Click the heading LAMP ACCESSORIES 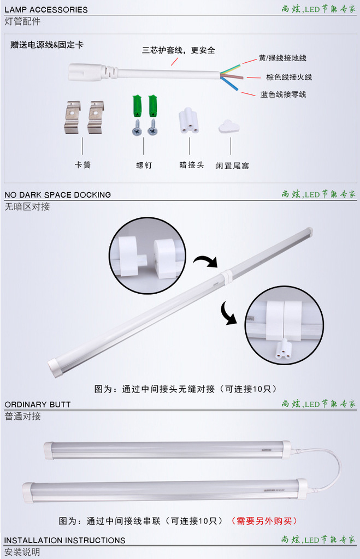click(46, 9)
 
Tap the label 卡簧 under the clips click(82, 164)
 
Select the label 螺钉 click(144, 165)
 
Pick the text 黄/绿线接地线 click(282, 58)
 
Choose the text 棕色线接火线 click(289, 77)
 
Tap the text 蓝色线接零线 click(283, 94)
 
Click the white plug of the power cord click(87, 72)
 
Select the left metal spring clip click(72, 116)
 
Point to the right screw click(152, 127)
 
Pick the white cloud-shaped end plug click(228, 127)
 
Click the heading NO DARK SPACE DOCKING click(57, 194)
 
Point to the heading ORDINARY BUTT click(38, 405)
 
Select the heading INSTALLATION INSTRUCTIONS click(64, 540)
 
